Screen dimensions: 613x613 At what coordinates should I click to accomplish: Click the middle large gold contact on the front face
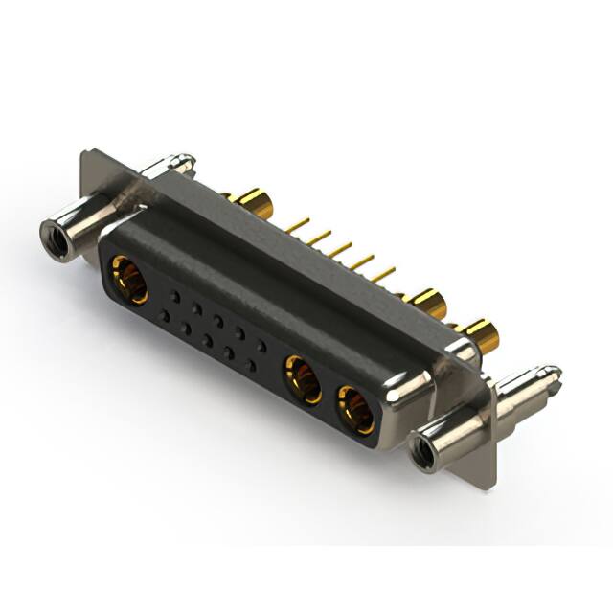tap(304, 379)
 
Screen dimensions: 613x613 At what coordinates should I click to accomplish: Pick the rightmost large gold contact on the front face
tap(354, 407)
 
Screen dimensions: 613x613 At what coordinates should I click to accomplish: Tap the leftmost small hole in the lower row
tap(164, 315)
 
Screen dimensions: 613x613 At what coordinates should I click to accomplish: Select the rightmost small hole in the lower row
tap(252, 366)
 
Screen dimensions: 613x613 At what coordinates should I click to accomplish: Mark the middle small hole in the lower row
tap(208, 340)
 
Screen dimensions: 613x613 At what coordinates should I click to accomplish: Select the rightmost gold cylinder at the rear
tap(481, 336)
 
